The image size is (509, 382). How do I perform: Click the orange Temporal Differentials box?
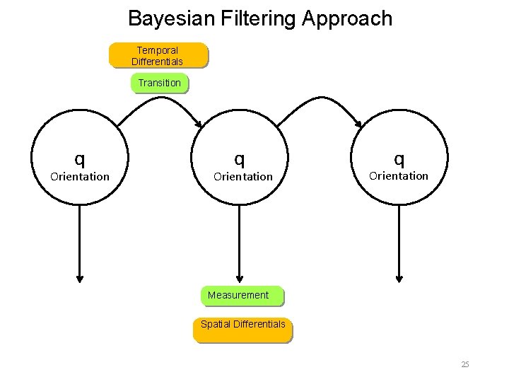click(158, 56)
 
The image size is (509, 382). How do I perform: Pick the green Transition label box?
click(159, 83)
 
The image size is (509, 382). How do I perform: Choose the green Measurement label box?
click(239, 295)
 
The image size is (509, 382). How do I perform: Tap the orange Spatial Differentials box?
click(242, 325)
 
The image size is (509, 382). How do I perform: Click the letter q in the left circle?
click(81, 157)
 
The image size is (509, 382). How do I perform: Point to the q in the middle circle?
click(241, 157)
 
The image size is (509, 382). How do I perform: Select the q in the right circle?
click(399, 157)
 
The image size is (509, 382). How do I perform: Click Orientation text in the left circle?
click(80, 176)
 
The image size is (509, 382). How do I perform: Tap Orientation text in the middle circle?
click(243, 176)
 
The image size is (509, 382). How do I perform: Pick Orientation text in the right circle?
click(399, 175)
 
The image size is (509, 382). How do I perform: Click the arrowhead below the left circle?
click(80, 277)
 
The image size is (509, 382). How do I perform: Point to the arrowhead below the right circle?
click(400, 277)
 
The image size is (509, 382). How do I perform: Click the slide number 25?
click(464, 364)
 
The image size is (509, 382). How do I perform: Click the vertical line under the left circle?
click(80, 241)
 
